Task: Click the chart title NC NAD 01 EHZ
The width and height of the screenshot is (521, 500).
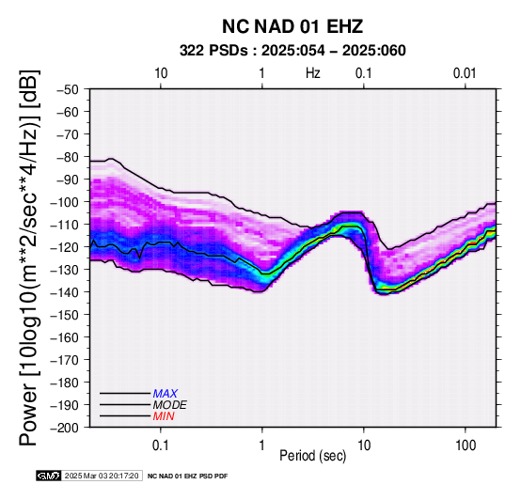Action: pos(292,26)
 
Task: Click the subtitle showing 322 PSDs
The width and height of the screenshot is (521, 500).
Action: pos(292,51)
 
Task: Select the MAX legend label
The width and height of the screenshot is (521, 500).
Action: pos(166,394)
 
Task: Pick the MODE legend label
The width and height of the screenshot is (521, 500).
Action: pos(170,405)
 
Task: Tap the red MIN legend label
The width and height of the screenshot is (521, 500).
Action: pos(164,416)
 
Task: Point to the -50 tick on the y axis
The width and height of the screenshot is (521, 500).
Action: pos(68,89)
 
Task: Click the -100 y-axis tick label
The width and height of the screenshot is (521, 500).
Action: pos(65,202)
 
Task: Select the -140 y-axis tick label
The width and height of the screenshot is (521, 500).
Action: pos(65,292)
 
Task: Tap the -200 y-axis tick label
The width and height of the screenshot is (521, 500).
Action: pos(65,428)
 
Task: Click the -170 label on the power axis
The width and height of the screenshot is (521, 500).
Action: pos(65,360)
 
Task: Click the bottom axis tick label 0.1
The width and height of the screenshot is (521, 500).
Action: pos(161,445)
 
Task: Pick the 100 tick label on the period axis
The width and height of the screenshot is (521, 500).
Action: pos(466,445)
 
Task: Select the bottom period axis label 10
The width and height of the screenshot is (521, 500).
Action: pos(364,445)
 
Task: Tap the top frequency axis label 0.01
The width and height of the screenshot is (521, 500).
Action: pos(465,73)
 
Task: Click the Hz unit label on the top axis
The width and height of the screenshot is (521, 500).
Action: pos(313,73)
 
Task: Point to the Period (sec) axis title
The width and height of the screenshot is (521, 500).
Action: pos(312,456)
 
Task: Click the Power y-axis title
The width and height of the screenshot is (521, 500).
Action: pos(29,258)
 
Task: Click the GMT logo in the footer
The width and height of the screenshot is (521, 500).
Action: pos(49,477)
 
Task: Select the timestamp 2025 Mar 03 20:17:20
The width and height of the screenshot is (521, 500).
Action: pos(102,477)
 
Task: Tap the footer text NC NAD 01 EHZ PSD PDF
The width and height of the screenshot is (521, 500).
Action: pos(188,477)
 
